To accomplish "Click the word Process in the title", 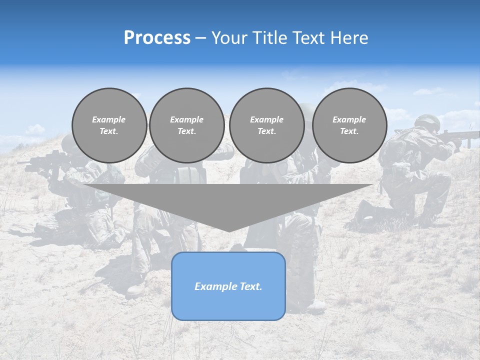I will pos(157,38).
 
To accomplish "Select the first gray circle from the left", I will pos(109,125).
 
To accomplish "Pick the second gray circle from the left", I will pos(186,125).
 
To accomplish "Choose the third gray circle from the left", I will pos(266,125).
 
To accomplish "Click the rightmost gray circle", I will pos(349,125).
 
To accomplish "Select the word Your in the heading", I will pos(230,38).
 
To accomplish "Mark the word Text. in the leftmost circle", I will pos(109,131).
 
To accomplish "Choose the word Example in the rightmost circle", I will pos(349,119).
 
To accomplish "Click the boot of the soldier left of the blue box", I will pos(136,288).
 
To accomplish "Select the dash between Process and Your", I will pos(200,38).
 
